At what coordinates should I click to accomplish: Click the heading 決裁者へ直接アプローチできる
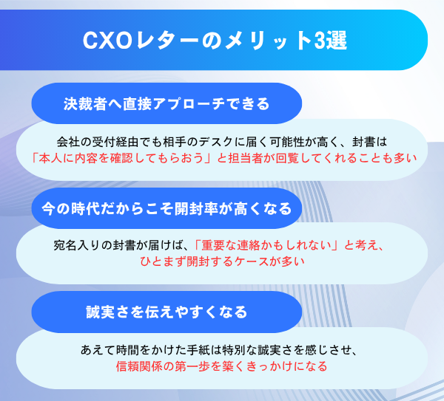(x=166, y=103)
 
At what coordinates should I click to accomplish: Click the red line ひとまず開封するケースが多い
(x=222, y=261)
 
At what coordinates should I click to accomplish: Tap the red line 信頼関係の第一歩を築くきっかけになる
(x=222, y=366)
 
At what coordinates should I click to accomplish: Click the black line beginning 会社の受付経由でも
(x=222, y=140)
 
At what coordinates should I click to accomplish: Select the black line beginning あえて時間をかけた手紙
(x=222, y=349)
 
